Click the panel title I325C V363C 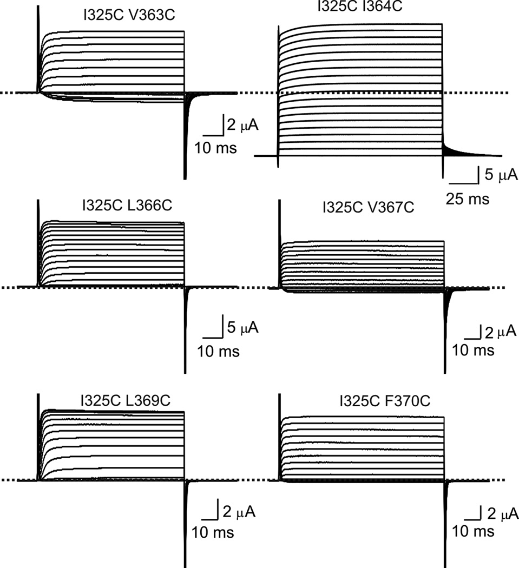[129, 15]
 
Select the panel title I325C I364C [360, 6]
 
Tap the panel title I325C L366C [127, 206]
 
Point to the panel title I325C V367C [368, 208]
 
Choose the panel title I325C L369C [126, 400]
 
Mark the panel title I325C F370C [385, 401]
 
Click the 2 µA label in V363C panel [242, 125]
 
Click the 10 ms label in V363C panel [215, 148]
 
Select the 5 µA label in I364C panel [501, 175]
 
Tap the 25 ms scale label [468, 199]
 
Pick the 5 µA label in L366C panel [242, 327]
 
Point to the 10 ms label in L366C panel [218, 352]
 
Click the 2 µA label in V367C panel [501, 332]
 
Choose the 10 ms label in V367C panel [473, 351]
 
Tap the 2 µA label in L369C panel [239, 512]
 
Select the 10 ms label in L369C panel [213, 532]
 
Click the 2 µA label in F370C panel [502, 514]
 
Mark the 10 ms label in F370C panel [473, 531]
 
